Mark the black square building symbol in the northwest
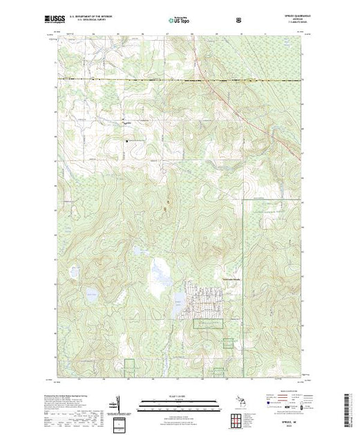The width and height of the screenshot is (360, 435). pyautogui.click(x=126, y=142)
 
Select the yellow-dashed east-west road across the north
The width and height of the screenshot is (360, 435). pyautogui.click(x=138, y=80)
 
